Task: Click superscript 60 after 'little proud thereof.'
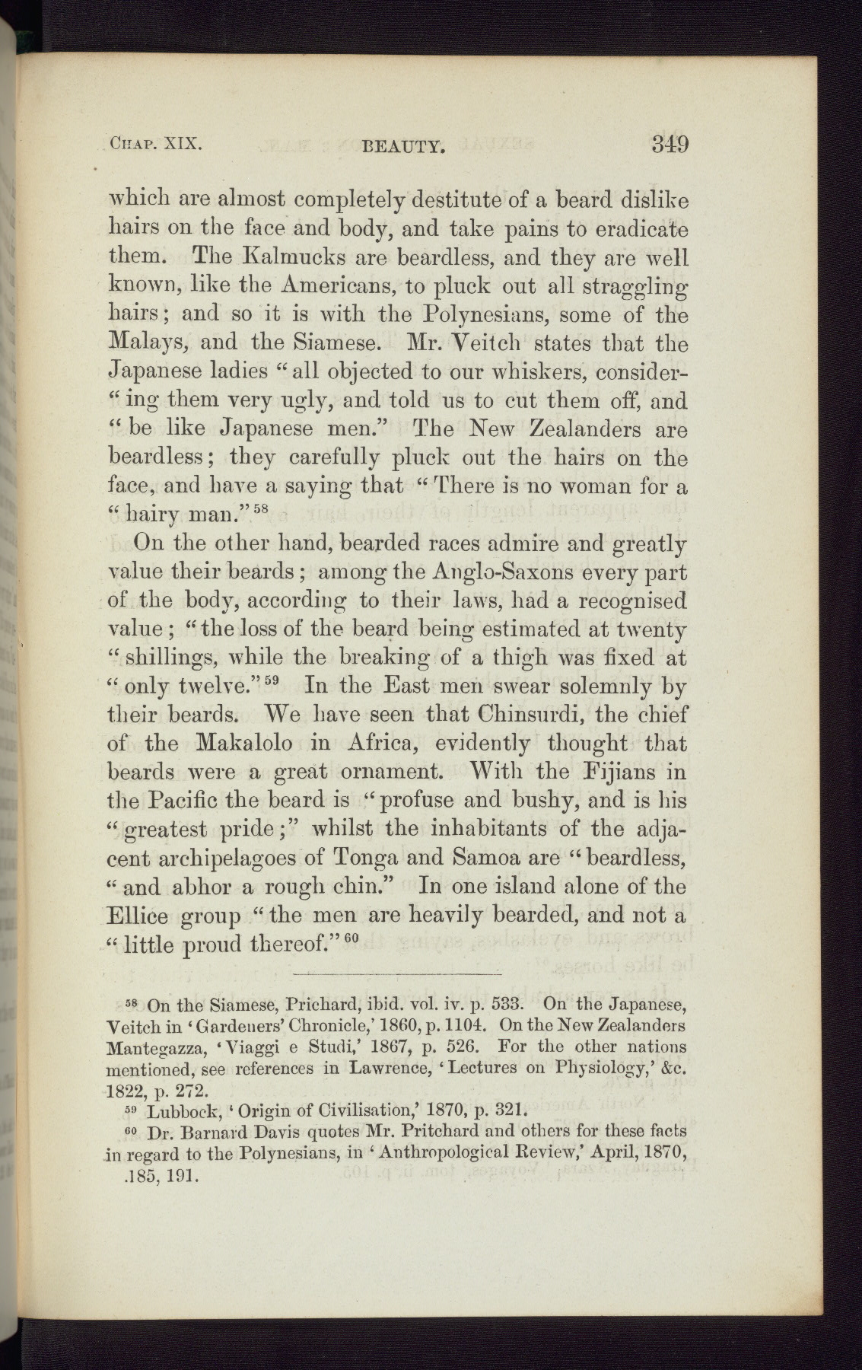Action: (x=349, y=938)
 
